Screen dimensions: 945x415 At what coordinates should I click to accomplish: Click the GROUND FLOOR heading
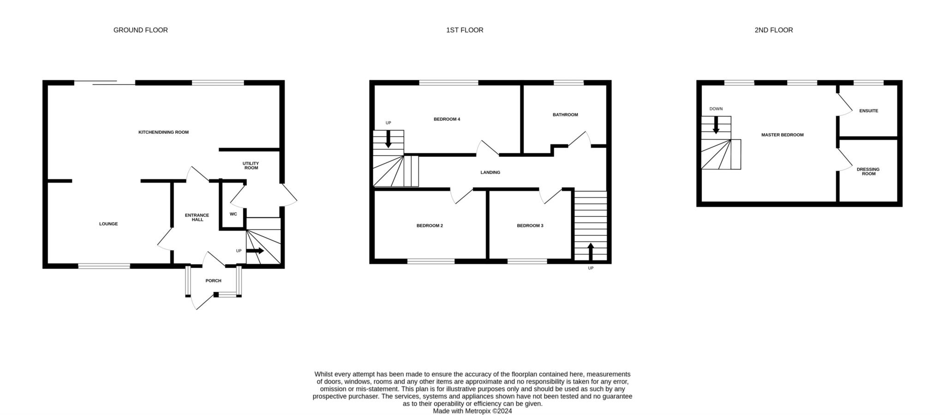click(x=141, y=30)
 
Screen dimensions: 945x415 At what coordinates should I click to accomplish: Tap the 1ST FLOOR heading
click(x=465, y=30)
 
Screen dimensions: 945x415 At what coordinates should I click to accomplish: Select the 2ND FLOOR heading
click(x=774, y=30)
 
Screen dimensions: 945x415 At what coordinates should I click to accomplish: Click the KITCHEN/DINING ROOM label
click(x=164, y=132)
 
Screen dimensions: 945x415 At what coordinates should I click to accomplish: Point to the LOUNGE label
click(x=108, y=224)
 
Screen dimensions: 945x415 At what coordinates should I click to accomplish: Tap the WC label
click(x=233, y=214)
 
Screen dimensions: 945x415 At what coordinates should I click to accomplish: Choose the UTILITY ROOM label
click(x=251, y=166)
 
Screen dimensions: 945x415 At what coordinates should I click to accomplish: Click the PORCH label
click(x=214, y=281)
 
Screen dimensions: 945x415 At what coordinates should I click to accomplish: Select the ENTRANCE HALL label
click(x=197, y=217)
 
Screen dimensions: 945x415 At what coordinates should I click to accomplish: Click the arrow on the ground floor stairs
click(x=255, y=251)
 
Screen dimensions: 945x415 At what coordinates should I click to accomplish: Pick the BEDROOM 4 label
click(x=447, y=119)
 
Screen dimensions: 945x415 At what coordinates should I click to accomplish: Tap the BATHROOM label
click(x=565, y=115)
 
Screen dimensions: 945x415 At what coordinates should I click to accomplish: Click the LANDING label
click(x=490, y=172)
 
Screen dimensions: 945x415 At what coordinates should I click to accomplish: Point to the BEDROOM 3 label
click(x=530, y=226)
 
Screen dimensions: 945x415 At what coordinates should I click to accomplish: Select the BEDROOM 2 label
click(x=430, y=226)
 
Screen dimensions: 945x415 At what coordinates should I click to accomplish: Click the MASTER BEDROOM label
click(x=783, y=135)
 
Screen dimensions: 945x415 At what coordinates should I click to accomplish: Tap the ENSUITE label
click(x=869, y=111)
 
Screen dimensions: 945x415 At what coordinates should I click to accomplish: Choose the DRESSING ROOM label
click(x=868, y=172)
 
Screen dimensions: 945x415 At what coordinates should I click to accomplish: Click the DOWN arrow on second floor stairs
click(x=716, y=125)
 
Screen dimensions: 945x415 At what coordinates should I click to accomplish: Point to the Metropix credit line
click(x=472, y=411)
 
